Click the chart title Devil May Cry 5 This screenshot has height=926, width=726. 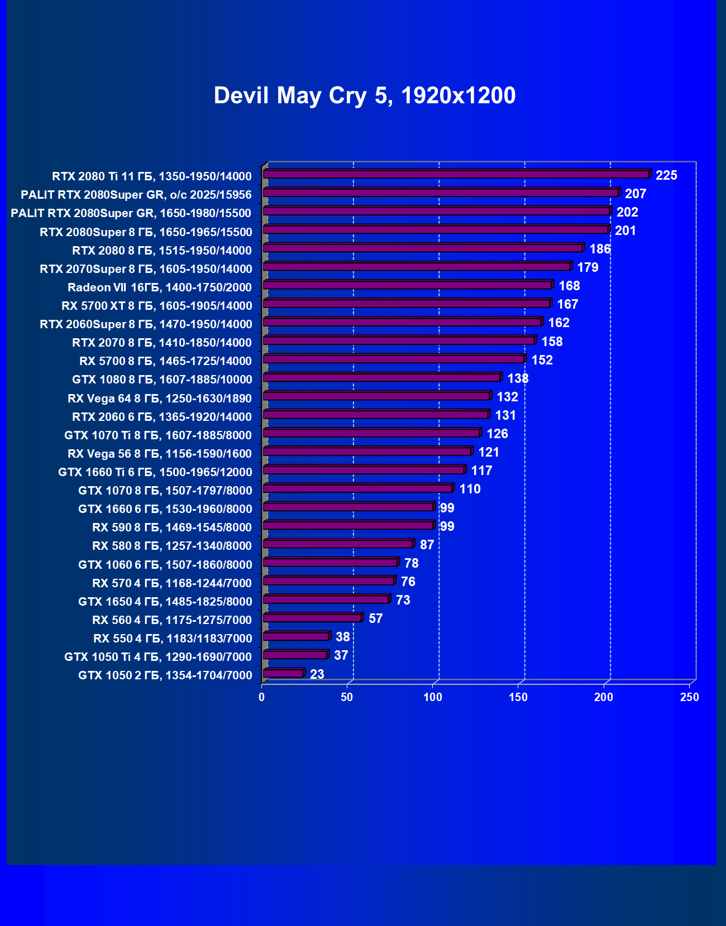(x=364, y=95)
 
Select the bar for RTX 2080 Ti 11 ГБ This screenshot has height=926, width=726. (x=456, y=174)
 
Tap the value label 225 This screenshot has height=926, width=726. (x=666, y=175)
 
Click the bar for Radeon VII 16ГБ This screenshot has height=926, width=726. (x=407, y=285)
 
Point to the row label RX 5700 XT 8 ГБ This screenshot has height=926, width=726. (x=157, y=305)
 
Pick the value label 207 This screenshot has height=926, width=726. (x=636, y=194)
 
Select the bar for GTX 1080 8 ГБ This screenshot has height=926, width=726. (x=381, y=378)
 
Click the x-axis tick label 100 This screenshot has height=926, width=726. (x=433, y=697)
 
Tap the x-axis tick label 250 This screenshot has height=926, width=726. (x=690, y=697)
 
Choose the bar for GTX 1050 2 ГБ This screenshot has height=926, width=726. (x=283, y=674)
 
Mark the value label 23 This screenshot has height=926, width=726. (x=317, y=674)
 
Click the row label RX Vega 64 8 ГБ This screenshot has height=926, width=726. (x=160, y=398)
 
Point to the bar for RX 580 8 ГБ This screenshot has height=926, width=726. (x=338, y=544)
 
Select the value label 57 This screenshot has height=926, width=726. (x=376, y=618)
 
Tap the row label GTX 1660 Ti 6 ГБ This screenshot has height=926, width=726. (x=155, y=472)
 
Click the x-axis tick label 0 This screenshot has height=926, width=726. (x=261, y=697)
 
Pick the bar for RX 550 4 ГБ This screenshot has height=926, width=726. (x=296, y=636)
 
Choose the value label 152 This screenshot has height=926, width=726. (x=542, y=360)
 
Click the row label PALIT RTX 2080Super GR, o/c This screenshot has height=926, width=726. (x=136, y=194)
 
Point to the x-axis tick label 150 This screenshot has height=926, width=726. (x=518, y=697)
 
